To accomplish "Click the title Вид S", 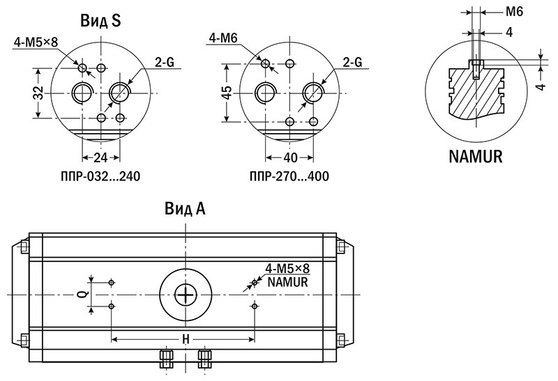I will pyautogui.click(x=100, y=21).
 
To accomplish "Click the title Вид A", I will pyautogui.click(x=185, y=208).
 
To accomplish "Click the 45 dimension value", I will pyautogui.click(x=227, y=93).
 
